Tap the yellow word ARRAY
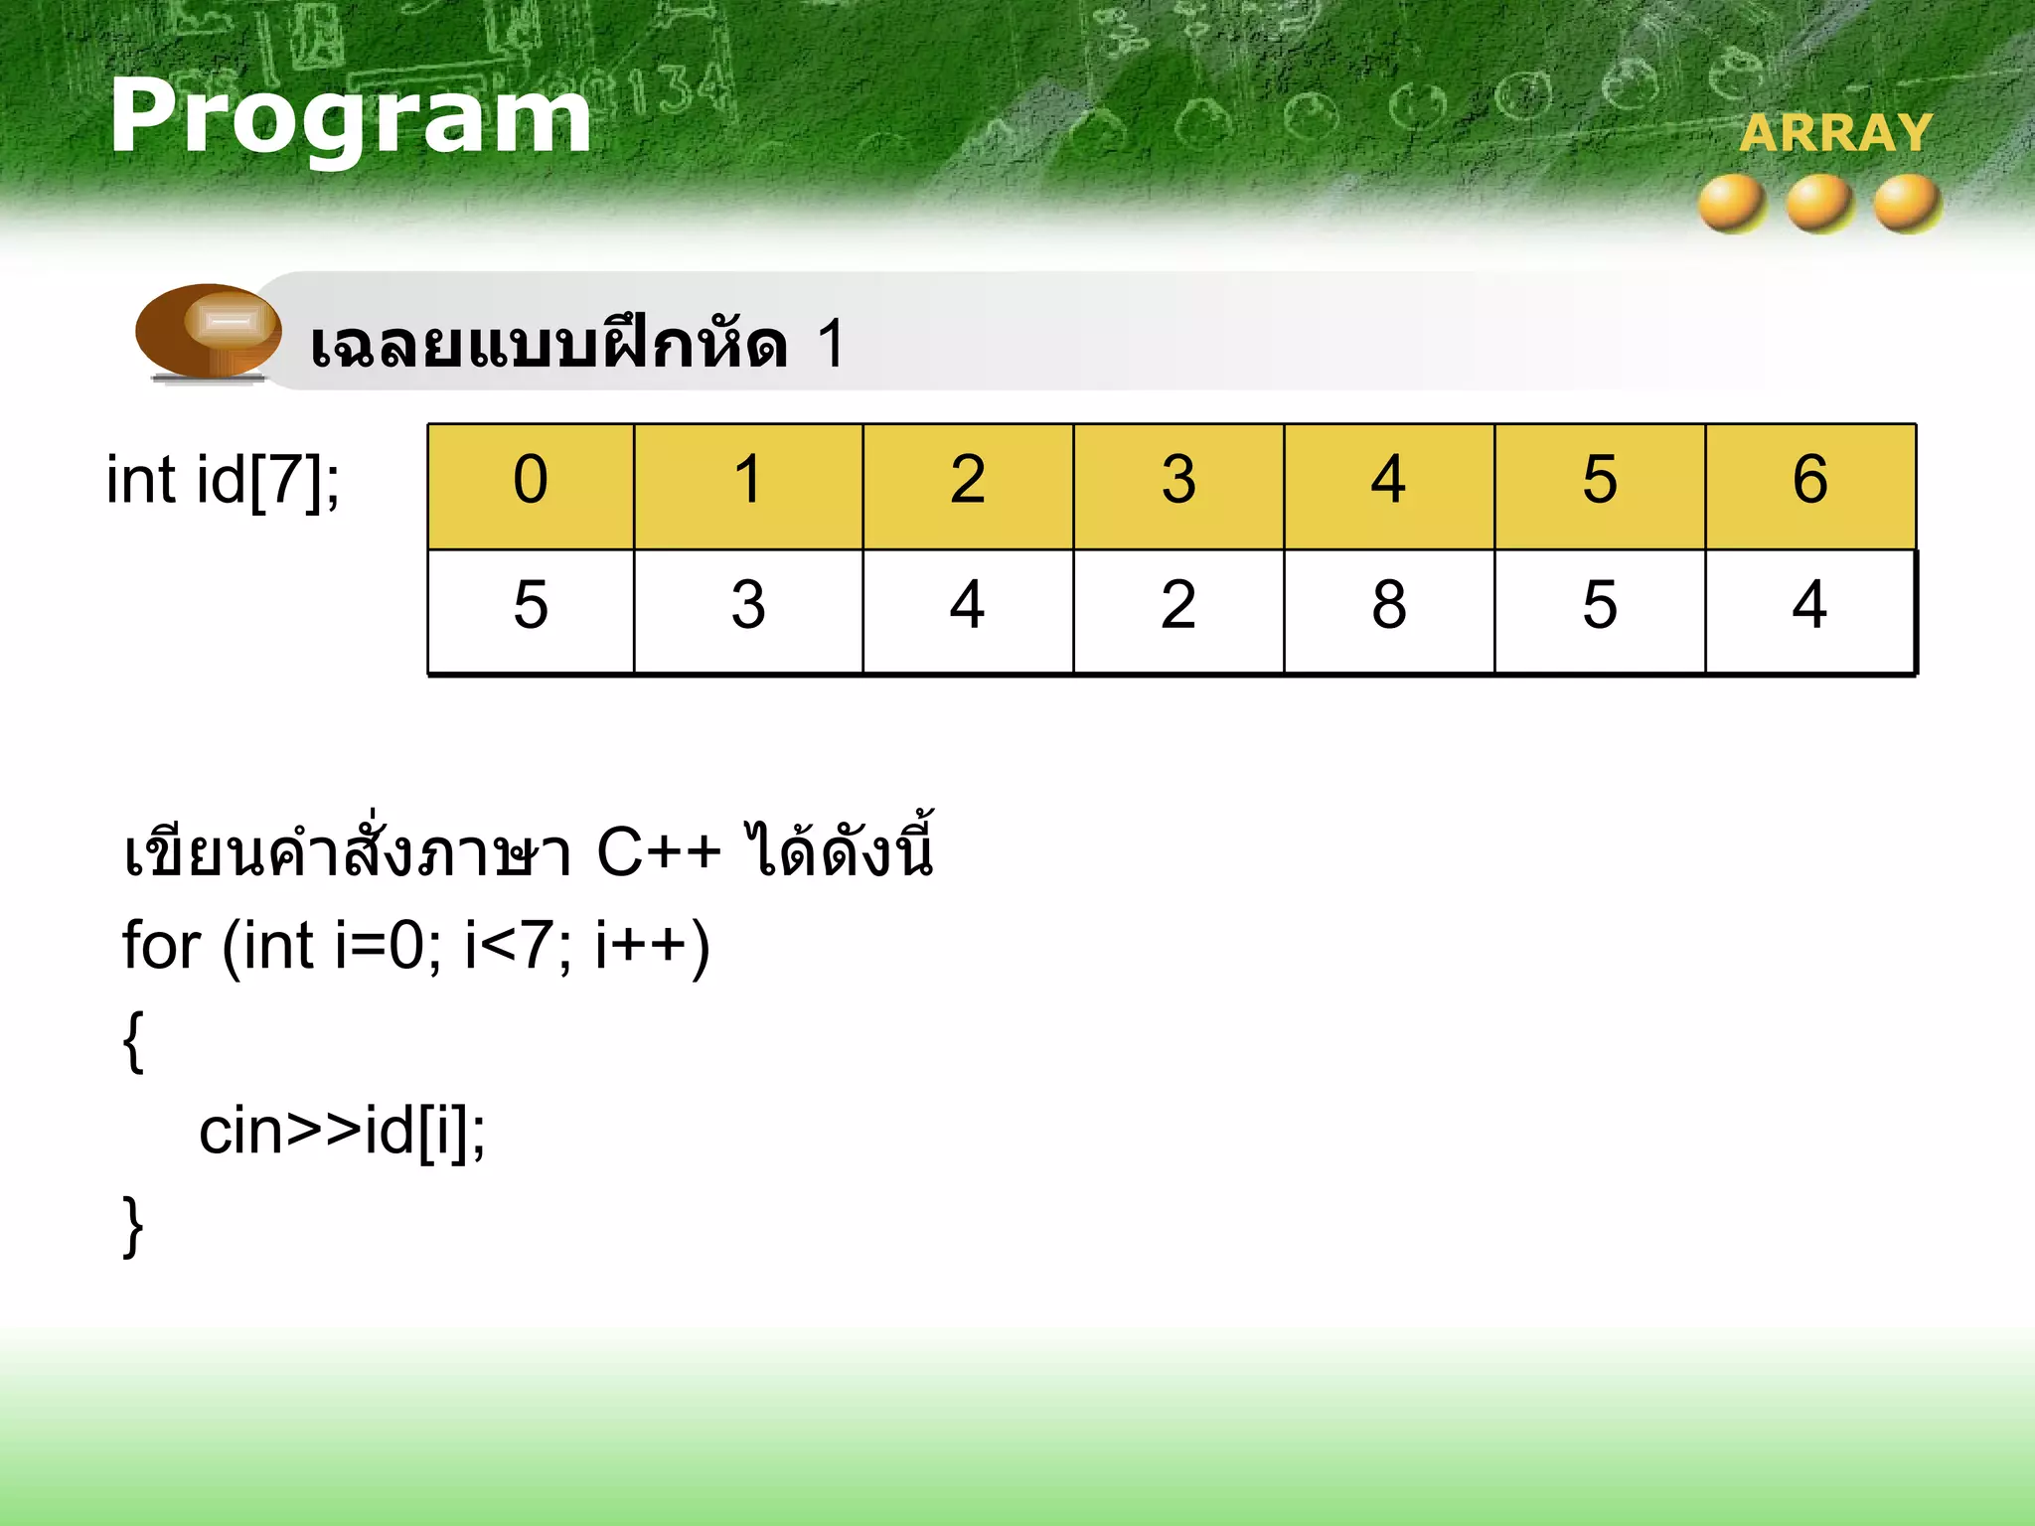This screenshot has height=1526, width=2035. pos(1835,133)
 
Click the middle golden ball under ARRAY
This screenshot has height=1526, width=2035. pos(1819,204)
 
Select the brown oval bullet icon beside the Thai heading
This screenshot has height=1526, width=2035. pos(209,331)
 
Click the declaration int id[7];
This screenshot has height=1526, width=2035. pos(223,481)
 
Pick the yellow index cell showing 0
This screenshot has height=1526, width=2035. pos(531,487)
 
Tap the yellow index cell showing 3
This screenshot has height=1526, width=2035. pos(1178,487)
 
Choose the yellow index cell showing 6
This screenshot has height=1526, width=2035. pos(1810,487)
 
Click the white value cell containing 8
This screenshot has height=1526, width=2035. pos(1389,610)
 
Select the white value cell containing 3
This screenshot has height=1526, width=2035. pos(748,610)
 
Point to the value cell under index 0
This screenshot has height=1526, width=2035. pos(531,610)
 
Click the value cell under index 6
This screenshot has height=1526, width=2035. pos(1810,610)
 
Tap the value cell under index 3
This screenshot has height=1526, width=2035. pos(1178,610)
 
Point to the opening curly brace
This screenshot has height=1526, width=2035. pos(133,1041)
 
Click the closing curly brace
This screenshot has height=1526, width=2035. pos(133,1226)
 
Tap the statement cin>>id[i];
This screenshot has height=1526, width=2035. pos(342,1132)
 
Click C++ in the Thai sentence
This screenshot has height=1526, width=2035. pos(658,852)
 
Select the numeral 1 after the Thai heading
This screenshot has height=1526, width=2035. pos(831,344)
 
